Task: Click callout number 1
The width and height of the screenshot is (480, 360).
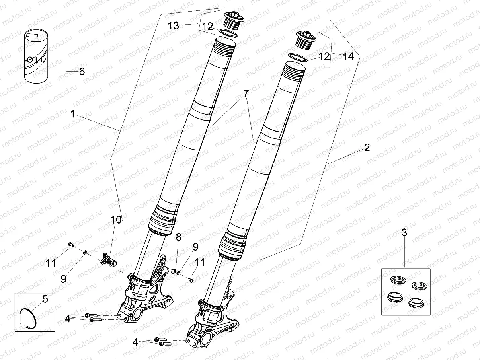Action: coord(72,114)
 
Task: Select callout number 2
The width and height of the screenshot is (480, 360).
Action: coord(367,148)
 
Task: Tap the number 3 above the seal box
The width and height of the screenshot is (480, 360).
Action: coord(404,233)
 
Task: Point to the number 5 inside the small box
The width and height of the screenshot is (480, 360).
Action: coord(45,299)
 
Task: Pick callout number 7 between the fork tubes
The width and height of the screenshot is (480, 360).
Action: coord(246,94)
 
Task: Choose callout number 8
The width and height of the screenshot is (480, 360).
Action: coord(178,237)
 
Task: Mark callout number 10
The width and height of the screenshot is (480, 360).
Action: coord(115,219)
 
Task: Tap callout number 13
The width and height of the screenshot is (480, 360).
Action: coord(173,26)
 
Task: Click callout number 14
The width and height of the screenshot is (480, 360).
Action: coord(348,56)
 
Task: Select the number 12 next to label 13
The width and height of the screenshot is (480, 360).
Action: coord(207,26)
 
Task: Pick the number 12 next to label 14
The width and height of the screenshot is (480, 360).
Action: coord(324,56)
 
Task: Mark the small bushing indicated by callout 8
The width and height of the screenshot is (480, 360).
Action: coord(174,271)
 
